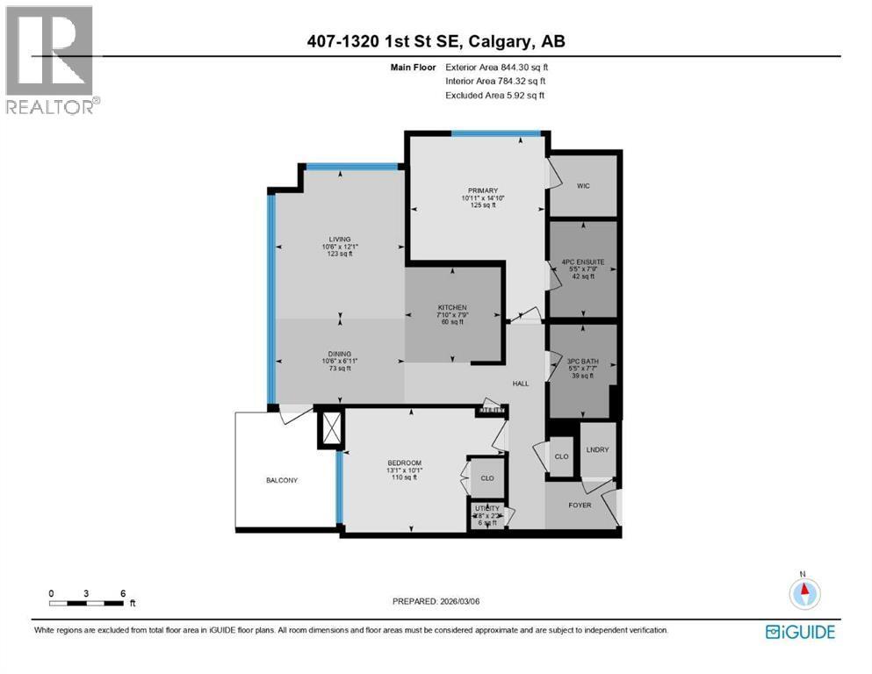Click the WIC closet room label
582,186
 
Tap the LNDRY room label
597,450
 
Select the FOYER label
580,505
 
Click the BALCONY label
283,480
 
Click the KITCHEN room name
453,307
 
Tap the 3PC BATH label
582,360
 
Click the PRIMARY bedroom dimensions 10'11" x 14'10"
483,198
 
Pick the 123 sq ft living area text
339,255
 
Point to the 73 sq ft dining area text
339,369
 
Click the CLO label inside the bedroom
486,478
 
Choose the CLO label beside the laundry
561,456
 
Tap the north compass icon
802,593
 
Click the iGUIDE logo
800,632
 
